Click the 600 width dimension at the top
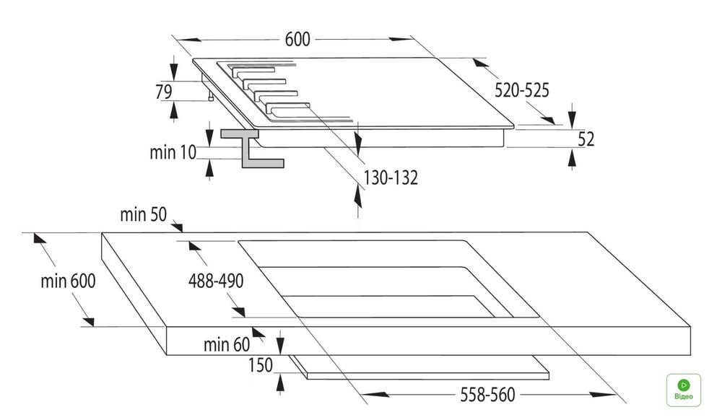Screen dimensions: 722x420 (x=297, y=40)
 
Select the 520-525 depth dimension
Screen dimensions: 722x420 (x=522, y=90)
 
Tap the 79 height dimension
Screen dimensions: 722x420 (x=163, y=92)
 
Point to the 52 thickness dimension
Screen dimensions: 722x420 (x=586, y=139)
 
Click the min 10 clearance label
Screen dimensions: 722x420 (x=173, y=152)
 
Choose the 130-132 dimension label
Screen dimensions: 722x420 (x=391, y=178)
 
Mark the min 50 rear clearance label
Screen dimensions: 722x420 (x=143, y=215)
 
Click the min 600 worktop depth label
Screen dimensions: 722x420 (x=68, y=281)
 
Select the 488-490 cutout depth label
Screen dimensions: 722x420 (x=215, y=281)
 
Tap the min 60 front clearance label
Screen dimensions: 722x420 (x=227, y=344)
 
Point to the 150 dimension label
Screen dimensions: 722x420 (x=261, y=366)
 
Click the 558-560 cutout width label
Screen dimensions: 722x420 (x=487, y=395)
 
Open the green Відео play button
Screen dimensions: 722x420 (x=683, y=390)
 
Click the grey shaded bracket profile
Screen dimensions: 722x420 (x=252, y=148)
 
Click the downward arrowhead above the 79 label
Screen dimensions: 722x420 (x=173, y=71)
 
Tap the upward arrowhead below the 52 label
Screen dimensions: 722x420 (x=572, y=159)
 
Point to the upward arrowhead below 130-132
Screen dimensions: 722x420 (x=358, y=193)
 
